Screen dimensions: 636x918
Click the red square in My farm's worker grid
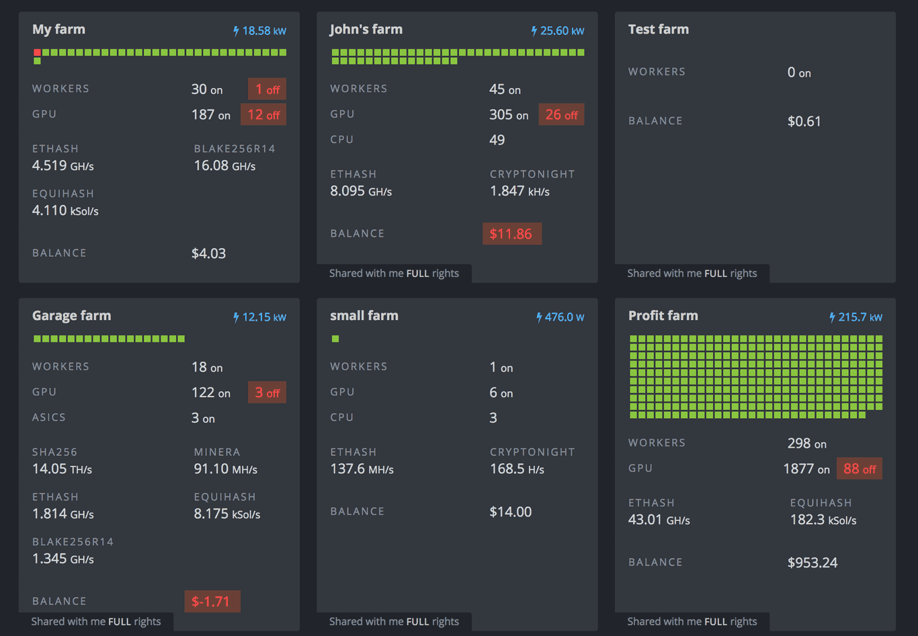[37, 52]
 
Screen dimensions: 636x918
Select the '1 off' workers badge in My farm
[267, 89]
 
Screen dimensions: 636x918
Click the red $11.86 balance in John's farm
[511, 234]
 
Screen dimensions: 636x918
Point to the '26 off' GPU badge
[561, 115]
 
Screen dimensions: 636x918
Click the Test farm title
[658, 30]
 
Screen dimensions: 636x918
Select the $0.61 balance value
[804, 122]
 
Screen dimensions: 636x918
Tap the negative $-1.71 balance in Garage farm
[212, 602]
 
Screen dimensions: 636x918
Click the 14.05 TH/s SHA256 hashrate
[62, 469]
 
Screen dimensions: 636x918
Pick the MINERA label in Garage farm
[217, 452]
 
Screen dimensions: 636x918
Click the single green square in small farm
[335, 339]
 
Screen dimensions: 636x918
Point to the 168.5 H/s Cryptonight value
[517, 469]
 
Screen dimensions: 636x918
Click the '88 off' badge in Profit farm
[859, 469]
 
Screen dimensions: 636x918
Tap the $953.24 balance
[812, 563]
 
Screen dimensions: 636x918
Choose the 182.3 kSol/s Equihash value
[823, 520]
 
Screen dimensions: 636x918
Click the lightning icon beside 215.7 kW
[832, 317]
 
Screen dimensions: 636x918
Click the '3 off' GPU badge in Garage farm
[267, 393]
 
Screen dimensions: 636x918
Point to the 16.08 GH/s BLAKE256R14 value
[224, 166]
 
